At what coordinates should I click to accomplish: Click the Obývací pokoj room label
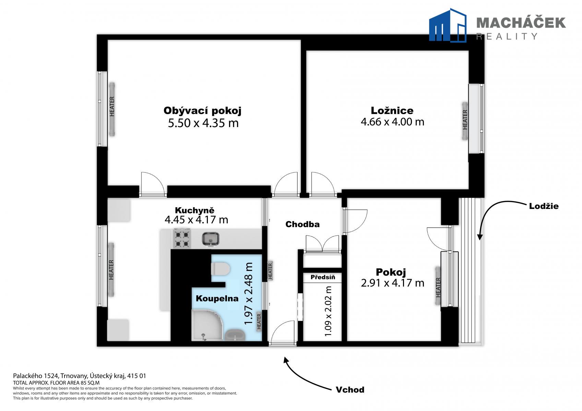tap(202, 111)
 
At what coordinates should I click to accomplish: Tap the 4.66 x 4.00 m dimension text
tap(392, 122)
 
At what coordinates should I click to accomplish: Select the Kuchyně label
tap(194, 210)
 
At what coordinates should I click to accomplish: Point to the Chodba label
tap(302, 224)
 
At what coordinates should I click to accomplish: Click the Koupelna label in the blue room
tap(217, 298)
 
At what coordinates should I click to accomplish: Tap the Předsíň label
tap(323, 277)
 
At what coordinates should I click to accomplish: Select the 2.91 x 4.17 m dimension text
tap(392, 283)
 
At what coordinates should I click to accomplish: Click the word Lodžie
tap(544, 206)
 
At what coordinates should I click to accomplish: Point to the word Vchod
tap(350, 390)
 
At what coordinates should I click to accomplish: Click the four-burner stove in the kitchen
tap(182, 238)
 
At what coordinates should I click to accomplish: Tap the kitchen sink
tap(211, 239)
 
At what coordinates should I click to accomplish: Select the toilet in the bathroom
tap(220, 269)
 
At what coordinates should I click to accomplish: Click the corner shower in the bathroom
tap(207, 325)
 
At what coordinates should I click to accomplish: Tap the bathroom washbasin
tap(235, 335)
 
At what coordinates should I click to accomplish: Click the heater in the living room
tap(112, 109)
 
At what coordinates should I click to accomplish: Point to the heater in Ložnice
tap(465, 121)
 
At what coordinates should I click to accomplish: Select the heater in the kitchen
tap(111, 270)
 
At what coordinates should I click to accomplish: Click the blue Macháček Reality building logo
tap(448, 25)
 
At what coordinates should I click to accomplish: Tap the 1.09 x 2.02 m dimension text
tap(328, 311)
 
